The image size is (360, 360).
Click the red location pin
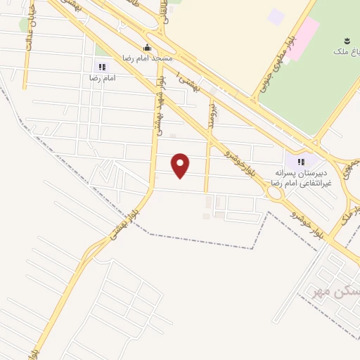[181, 165]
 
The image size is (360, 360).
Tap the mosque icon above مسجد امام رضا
[146, 48]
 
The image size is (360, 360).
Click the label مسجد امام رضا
[146, 58]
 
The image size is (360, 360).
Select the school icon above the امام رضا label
[102, 67]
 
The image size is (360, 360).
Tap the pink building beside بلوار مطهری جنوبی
[304, 39]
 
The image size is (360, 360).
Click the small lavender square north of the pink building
[276, 15]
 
